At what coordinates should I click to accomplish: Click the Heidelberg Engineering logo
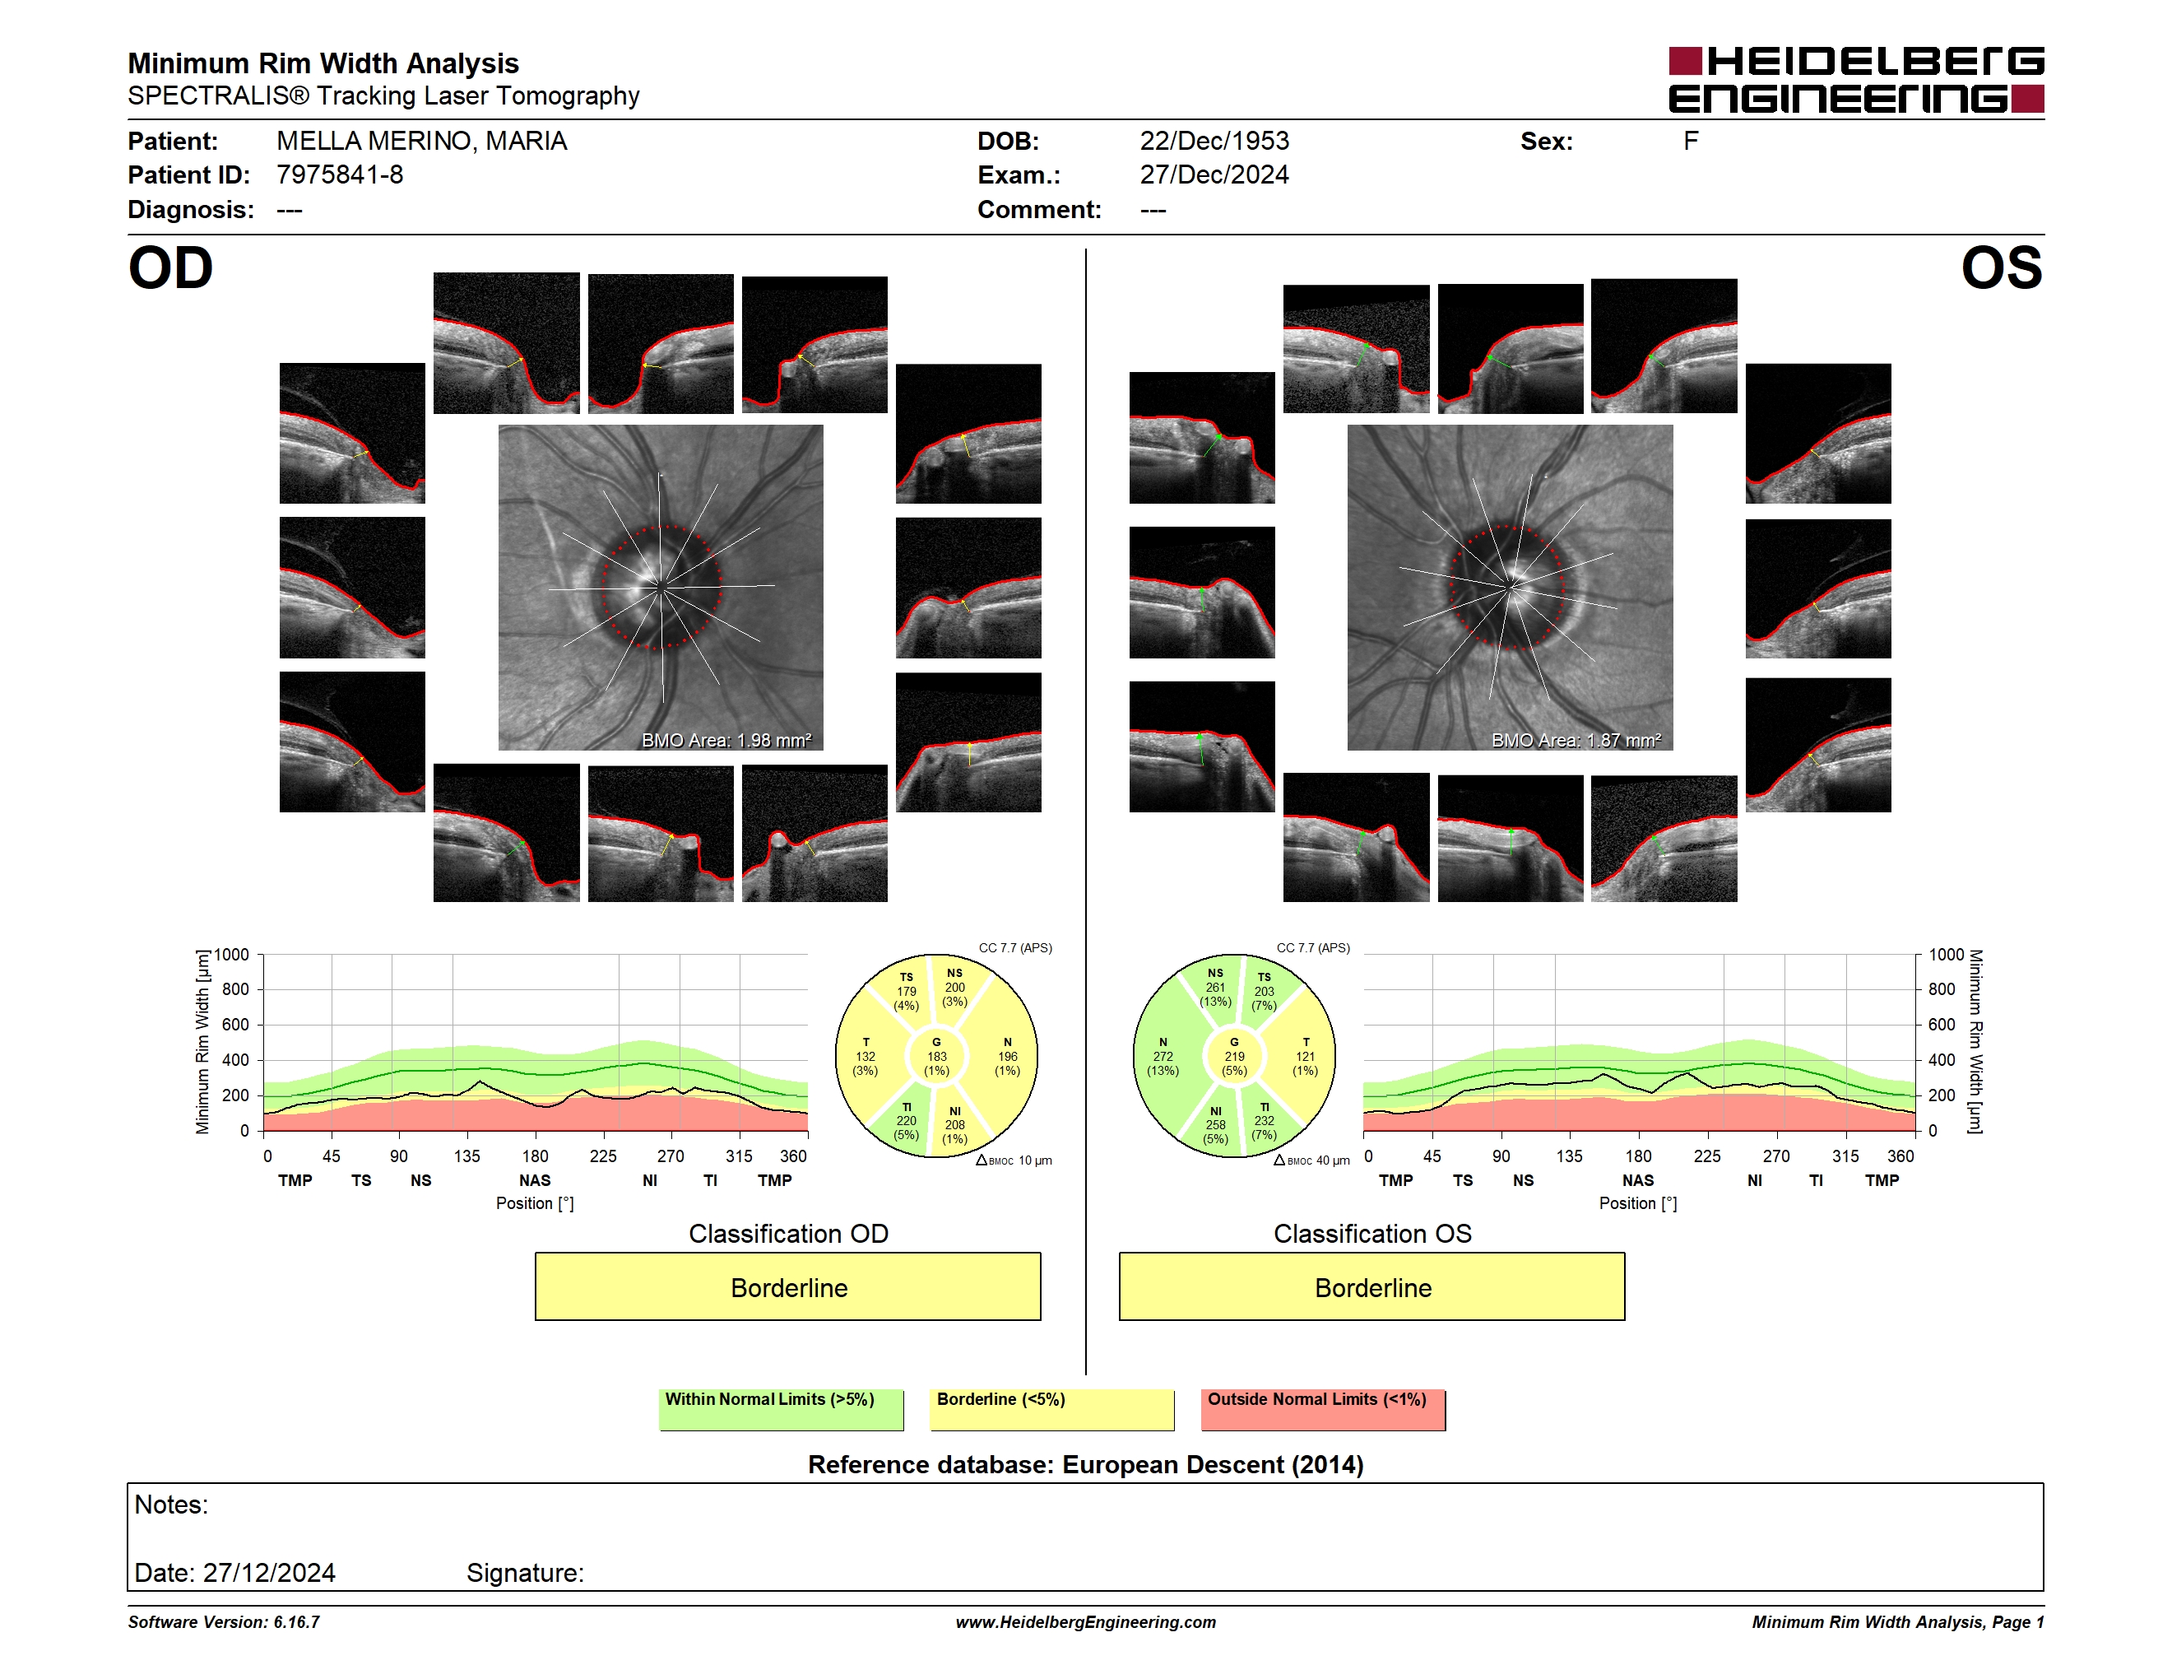pos(1856,80)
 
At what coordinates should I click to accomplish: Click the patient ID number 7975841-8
pos(340,175)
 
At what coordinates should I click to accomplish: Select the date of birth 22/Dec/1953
pos(1214,142)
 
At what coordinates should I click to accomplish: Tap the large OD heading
pos(171,268)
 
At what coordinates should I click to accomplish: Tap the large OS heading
pos(2001,268)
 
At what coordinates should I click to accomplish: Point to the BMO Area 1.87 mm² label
pos(1576,740)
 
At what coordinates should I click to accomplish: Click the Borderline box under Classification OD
pos(787,1286)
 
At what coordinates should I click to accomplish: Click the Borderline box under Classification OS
pos(1372,1286)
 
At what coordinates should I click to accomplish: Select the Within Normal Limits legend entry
pos(781,1409)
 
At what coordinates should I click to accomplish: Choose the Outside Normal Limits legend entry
pos(1323,1409)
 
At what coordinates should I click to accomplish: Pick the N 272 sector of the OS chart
pos(1163,1056)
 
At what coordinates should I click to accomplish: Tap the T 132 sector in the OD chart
pos(866,1056)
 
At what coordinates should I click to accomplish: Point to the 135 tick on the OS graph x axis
pos(1569,1156)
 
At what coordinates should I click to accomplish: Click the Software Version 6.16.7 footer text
pos(224,1622)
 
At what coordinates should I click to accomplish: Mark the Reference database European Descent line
pos(1086,1464)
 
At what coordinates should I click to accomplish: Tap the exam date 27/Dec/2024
pos(1214,175)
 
